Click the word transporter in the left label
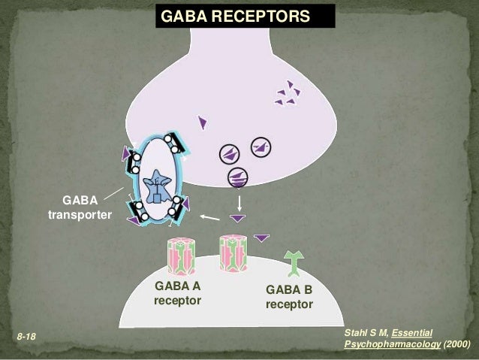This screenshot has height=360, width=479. [80, 216]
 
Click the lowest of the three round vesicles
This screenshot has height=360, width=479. [238, 177]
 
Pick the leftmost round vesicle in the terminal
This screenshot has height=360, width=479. [230, 154]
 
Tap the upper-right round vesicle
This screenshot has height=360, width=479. [261, 147]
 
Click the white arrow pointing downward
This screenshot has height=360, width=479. [239, 202]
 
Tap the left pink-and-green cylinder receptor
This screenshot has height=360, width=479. [180, 257]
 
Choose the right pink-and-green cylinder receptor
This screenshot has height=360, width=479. [233, 253]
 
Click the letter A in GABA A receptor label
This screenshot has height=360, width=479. [197, 286]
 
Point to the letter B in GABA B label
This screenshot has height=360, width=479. [307, 290]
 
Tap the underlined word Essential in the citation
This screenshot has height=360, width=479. [412, 331]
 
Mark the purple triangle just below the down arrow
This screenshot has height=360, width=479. [238, 219]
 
